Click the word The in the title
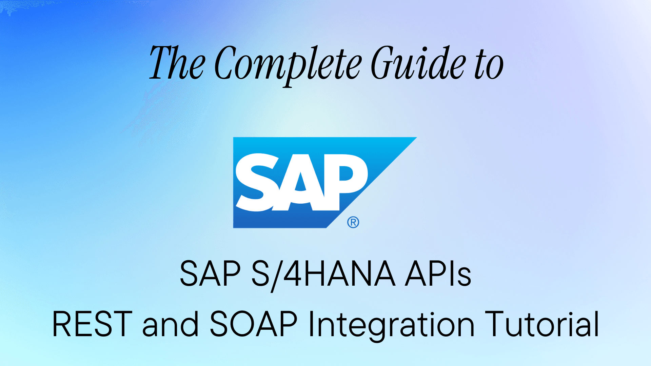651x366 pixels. click(x=177, y=63)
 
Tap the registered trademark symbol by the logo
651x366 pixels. click(x=353, y=222)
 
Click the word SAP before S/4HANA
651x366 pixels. click(x=210, y=274)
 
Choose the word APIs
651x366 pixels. click(x=438, y=274)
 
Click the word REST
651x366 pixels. click(x=92, y=324)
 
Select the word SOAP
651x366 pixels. click(x=254, y=324)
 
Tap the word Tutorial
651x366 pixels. click(x=542, y=324)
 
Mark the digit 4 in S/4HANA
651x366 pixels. click(x=292, y=274)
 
